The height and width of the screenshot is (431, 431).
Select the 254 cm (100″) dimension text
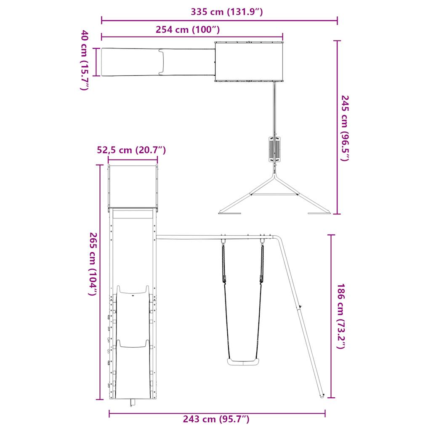187,30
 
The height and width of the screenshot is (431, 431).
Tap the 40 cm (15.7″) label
85,60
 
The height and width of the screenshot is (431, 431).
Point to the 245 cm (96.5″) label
345,128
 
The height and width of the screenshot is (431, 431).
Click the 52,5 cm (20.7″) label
131,150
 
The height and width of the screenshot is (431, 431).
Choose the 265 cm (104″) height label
93,264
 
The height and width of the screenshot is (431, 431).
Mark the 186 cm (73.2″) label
341,316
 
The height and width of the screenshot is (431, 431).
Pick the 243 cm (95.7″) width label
216,419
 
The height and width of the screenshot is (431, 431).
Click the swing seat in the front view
243,362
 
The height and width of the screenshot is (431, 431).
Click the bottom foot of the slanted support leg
322,396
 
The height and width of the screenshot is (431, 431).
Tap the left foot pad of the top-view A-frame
230,213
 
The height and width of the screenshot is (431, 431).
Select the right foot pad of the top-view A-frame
320,213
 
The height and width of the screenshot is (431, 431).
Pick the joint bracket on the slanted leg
299,307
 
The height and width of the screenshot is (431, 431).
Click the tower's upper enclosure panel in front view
133,186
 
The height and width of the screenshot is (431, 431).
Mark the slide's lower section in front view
133,370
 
